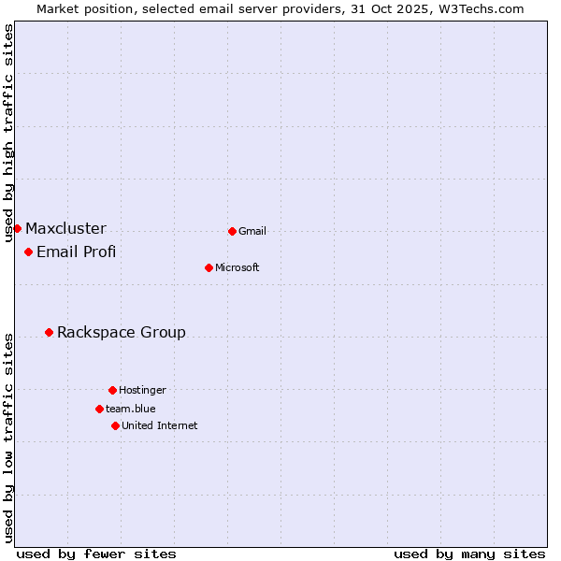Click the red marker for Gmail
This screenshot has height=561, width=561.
pyautogui.click(x=232, y=231)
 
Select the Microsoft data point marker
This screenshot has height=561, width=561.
pyautogui.click(x=209, y=267)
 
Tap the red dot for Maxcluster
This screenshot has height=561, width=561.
pyautogui.click(x=17, y=228)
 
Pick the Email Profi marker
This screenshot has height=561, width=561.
pyautogui.click(x=28, y=252)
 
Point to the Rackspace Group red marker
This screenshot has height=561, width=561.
pyautogui.click(x=49, y=332)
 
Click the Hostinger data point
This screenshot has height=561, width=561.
pyautogui.click(x=112, y=390)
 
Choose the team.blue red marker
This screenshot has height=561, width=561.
pyautogui.click(x=99, y=409)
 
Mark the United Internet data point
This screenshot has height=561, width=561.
pyautogui.click(x=115, y=425)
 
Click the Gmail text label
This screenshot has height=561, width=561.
pyautogui.click(x=252, y=231)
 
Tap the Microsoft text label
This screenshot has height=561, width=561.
pyautogui.click(x=237, y=267)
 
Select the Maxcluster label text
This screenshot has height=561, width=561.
pyautogui.click(x=65, y=228)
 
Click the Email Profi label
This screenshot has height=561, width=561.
pyautogui.click(x=76, y=252)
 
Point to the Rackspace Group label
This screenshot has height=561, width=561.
pyautogui.click(x=122, y=332)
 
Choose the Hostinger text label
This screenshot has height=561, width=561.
pyautogui.click(x=142, y=390)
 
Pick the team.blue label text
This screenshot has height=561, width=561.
pyautogui.click(x=131, y=409)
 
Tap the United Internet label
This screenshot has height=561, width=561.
pyautogui.click(x=160, y=425)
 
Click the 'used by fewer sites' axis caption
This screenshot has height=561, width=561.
pyautogui.click(x=96, y=554)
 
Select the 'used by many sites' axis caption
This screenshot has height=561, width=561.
pyautogui.click(x=469, y=554)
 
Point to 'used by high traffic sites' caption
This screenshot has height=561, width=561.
pyautogui.click(x=8, y=133)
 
